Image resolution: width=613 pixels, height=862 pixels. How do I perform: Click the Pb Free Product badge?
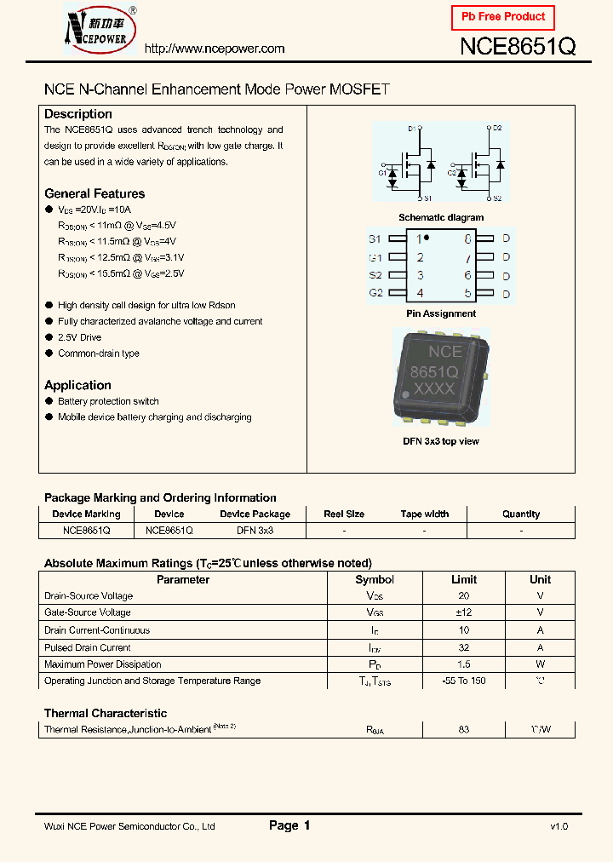click(x=502, y=17)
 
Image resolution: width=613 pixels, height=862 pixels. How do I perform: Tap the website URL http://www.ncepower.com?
click(x=214, y=49)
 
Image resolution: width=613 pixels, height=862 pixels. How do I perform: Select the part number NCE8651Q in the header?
click(x=518, y=47)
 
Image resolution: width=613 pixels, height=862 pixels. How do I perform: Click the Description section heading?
click(x=78, y=114)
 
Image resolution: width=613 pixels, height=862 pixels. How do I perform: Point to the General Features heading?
click(x=95, y=193)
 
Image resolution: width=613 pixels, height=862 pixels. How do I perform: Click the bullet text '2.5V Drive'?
click(x=79, y=337)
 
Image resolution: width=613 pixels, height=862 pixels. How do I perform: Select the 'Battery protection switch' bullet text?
click(x=108, y=401)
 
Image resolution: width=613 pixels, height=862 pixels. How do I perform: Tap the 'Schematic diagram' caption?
click(x=441, y=217)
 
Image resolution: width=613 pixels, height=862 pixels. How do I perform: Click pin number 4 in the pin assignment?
click(x=420, y=294)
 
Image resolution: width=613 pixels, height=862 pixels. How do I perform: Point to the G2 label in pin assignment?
click(x=375, y=294)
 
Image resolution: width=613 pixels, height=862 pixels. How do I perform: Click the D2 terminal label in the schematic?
click(x=497, y=128)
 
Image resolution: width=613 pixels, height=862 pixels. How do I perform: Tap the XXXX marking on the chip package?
click(x=433, y=389)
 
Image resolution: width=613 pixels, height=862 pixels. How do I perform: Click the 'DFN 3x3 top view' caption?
click(x=441, y=441)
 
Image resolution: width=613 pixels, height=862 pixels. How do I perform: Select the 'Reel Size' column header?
click(x=344, y=514)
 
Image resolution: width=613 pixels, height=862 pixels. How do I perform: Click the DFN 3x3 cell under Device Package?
click(x=255, y=530)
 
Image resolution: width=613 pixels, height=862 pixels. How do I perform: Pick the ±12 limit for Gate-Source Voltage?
click(x=464, y=612)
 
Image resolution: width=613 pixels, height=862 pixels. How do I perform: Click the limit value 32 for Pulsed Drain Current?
click(x=464, y=647)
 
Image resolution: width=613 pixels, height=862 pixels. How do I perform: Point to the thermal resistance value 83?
click(x=464, y=729)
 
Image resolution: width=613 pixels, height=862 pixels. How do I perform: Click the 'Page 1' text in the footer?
click(x=289, y=825)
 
